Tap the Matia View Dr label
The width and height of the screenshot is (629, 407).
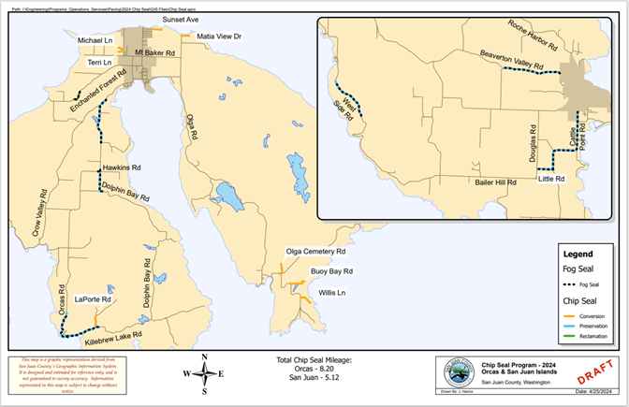coord(219,36)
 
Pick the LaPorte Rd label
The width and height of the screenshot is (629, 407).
coord(93,300)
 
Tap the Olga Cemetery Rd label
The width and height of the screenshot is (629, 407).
coord(316,253)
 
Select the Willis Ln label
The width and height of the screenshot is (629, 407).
coord(332,293)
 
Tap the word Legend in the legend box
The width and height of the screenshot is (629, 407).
coord(578,254)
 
